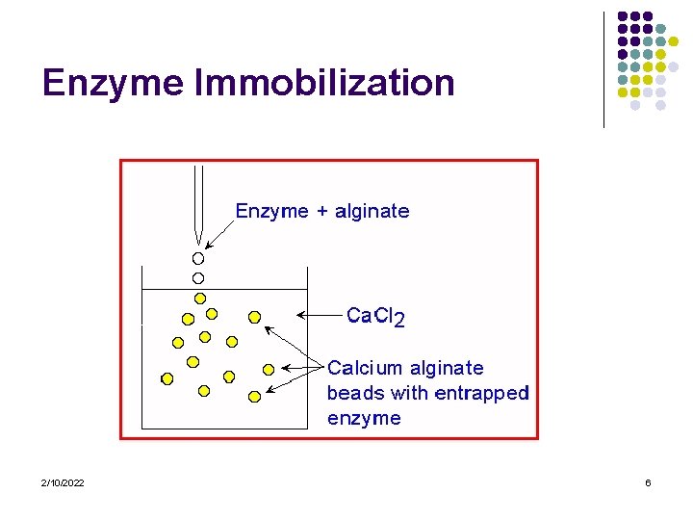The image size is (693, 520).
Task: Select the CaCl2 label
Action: (375, 316)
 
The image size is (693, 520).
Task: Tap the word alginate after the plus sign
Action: (372, 211)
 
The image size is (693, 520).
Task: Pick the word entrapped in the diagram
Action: (482, 393)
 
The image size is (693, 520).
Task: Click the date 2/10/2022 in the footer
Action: (63, 482)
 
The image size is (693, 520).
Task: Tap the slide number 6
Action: (648, 482)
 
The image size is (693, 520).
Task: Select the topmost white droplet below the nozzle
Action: (198, 258)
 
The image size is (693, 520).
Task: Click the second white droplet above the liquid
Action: (198, 277)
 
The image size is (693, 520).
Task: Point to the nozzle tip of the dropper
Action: (198, 242)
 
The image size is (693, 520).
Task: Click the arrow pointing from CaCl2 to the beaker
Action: (319, 314)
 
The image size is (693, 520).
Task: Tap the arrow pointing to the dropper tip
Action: (218, 235)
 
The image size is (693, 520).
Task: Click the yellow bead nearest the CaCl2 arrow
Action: (254, 316)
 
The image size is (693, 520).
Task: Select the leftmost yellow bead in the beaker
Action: (167, 378)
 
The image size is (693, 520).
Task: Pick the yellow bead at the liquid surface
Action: (200, 298)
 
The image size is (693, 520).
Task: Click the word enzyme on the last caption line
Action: (364, 418)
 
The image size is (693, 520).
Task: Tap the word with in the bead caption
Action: (410, 393)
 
